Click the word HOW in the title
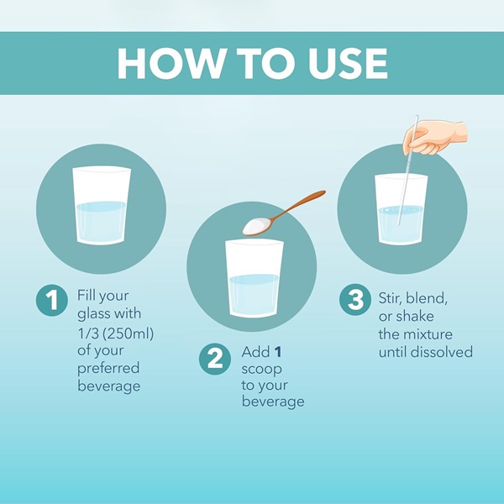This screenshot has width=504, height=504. [170, 63]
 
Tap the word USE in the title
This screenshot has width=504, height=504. [348, 63]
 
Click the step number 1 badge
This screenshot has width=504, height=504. [52, 300]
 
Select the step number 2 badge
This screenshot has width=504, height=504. [215, 359]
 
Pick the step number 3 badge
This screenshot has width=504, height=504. [355, 299]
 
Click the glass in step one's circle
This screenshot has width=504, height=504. [102, 206]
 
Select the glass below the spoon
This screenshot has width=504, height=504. [255, 279]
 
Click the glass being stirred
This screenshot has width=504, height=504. [402, 209]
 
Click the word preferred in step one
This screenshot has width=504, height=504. [108, 369]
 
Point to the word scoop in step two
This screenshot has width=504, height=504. [261, 369]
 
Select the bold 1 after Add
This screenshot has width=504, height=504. [278, 352]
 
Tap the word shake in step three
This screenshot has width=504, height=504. [414, 317]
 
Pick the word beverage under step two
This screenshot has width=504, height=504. [273, 402]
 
